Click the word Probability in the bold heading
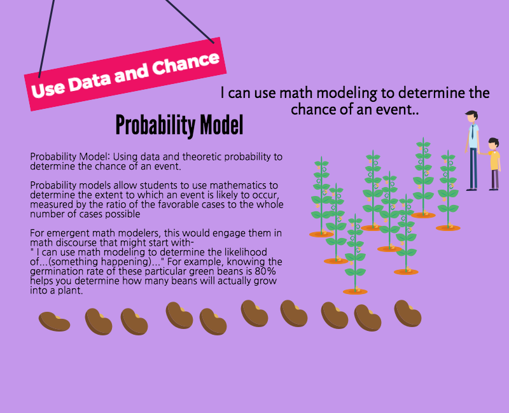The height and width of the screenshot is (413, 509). click(155, 126)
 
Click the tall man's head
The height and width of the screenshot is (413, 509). click(472, 116)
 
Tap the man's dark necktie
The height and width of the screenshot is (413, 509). click(473, 131)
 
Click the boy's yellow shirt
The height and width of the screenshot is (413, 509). click(494, 160)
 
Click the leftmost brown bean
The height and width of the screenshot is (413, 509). click(54, 321)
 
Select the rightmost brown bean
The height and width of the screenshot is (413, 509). click(408, 313)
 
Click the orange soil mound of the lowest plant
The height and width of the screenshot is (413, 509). click(355, 291)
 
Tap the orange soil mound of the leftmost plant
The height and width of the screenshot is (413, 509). click(321, 234)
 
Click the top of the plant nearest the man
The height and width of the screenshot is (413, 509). click(449, 152)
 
